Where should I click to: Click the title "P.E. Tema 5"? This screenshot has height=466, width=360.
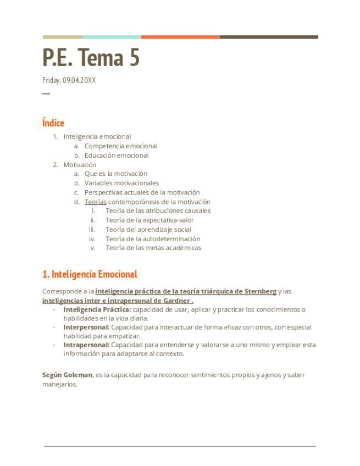pyautogui.click(x=91, y=57)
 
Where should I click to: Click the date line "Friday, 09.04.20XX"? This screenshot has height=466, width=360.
pyautogui.click(x=69, y=80)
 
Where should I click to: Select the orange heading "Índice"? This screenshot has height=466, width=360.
pyautogui.click(x=53, y=123)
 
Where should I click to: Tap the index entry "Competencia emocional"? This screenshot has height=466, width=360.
pyautogui.click(x=121, y=146)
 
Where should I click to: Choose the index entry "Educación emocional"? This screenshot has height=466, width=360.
pyautogui.click(x=117, y=156)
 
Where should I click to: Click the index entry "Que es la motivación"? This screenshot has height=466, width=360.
pyautogui.click(x=116, y=174)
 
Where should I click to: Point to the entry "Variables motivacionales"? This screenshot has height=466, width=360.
pyautogui.click(x=121, y=183)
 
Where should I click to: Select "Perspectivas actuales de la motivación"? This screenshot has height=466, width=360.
pyautogui.click(x=142, y=192)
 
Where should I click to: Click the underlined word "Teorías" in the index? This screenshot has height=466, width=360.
pyautogui.click(x=95, y=202)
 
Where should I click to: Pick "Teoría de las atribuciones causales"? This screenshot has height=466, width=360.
pyautogui.click(x=158, y=210)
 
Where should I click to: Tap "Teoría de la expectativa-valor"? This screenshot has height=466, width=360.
pyautogui.click(x=149, y=220)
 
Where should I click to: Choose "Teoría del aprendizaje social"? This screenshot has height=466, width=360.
pyautogui.click(x=148, y=230)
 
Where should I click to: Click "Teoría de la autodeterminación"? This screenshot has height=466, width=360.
pyautogui.click(x=153, y=239)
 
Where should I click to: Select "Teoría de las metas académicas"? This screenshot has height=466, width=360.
pyautogui.click(x=153, y=248)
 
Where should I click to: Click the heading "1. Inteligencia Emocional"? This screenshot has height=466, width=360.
pyautogui.click(x=90, y=274)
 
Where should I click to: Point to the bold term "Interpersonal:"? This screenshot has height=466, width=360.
pyautogui.click(x=86, y=327)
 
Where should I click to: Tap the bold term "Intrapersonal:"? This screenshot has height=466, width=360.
pyautogui.click(x=86, y=345)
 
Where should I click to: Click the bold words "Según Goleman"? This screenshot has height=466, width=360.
pyautogui.click(x=67, y=375)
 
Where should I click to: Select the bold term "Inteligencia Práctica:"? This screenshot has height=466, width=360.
pyautogui.click(x=97, y=309)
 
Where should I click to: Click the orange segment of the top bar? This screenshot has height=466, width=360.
pyautogui.click(x=180, y=37)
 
